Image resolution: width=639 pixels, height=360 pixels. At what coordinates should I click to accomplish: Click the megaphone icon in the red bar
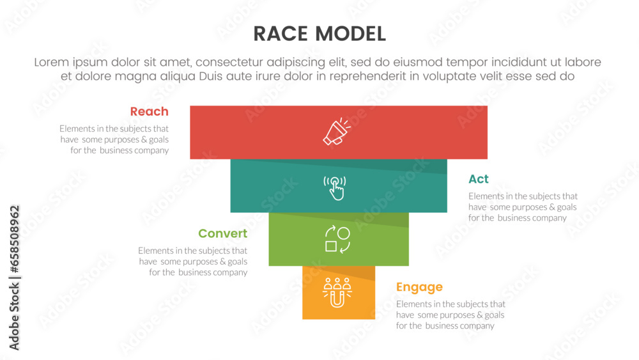337,132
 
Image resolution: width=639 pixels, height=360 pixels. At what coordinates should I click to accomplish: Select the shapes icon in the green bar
337,240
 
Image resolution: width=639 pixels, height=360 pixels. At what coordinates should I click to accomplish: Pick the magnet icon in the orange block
337,292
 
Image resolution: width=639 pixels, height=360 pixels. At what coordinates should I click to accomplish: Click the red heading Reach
149,111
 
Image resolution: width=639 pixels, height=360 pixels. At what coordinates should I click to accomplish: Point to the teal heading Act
479,179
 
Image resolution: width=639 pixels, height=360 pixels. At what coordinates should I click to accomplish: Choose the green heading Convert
222,233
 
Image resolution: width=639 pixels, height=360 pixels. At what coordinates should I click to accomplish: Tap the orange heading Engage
419,287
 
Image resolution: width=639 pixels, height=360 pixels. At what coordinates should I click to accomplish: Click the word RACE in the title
282,34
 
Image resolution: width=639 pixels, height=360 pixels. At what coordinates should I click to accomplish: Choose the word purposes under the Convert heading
196,262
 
